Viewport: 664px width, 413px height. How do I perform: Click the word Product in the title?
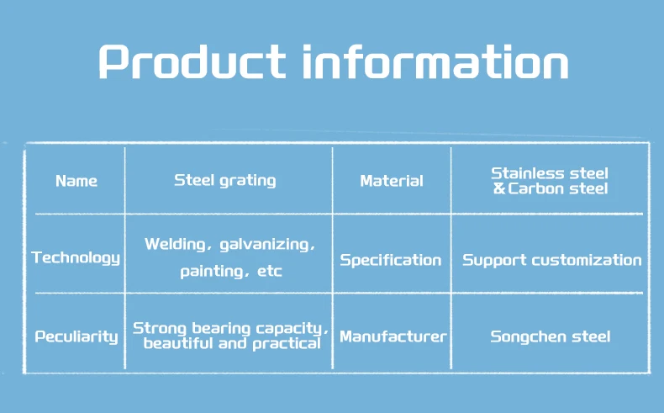[x=192, y=62]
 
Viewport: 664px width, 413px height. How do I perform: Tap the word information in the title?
[x=435, y=62]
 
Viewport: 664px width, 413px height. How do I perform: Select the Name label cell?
[x=76, y=182]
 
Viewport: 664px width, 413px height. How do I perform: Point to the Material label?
[x=392, y=182]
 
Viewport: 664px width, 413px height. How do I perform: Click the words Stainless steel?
[x=550, y=173]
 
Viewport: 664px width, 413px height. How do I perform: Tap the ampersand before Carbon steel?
[x=499, y=188]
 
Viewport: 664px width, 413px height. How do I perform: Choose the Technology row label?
[x=76, y=258]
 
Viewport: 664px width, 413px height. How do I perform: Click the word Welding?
[x=175, y=245]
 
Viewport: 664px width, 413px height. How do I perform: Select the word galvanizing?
[x=265, y=245]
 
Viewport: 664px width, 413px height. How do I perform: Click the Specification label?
[x=391, y=260]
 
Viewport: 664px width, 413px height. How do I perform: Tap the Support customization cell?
[x=551, y=260]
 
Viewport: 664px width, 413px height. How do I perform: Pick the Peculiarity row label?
[x=76, y=336]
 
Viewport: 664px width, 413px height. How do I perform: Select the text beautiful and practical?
[x=232, y=343]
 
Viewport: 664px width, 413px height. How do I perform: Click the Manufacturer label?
[x=393, y=336]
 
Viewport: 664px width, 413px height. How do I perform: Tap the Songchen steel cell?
[x=551, y=336]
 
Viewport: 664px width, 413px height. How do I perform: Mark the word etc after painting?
[x=269, y=271]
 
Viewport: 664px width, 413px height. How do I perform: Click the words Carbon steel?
[x=558, y=188]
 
